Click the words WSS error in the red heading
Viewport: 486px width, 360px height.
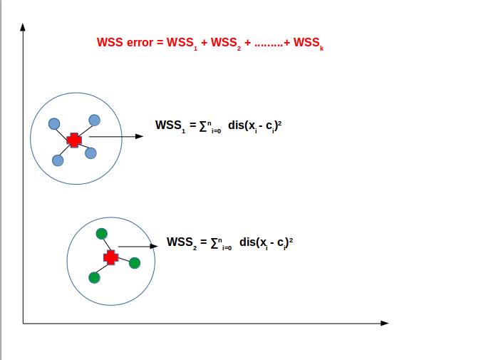[125, 43]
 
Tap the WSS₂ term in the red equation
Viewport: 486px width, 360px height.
[226, 43]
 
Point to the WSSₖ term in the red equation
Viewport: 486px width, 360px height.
[308, 43]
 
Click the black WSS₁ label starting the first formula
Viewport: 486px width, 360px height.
[170, 125]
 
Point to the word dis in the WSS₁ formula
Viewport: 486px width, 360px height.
[237, 125]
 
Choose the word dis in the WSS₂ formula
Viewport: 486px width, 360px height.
[248, 242]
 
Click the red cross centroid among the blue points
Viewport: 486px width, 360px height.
[73, 140]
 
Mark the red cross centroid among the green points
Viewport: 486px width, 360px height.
[110, 257]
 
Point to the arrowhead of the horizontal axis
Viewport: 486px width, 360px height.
[385, 324]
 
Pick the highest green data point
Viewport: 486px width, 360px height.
[101, 233]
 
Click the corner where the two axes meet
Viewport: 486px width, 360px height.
[24, 324]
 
